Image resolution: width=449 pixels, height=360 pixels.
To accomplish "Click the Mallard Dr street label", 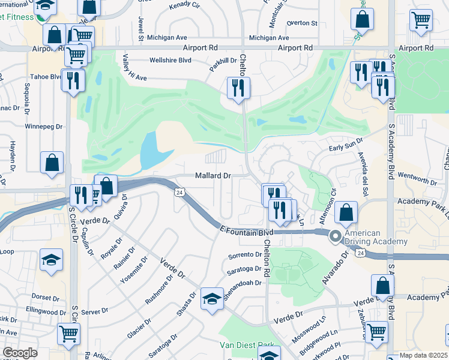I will [x=213, y=176].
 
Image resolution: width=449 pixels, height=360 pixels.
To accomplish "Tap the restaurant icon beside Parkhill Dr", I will [x=238, y=88].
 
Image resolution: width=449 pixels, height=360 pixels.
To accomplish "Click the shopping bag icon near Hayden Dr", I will [x=52, y=162].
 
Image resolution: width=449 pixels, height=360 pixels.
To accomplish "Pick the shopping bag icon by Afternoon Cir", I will [x=346, y=212].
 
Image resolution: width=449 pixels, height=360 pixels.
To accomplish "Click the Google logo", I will [x=20, y=353].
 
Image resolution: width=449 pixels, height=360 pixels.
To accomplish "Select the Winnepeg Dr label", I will [x=44, y=127].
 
